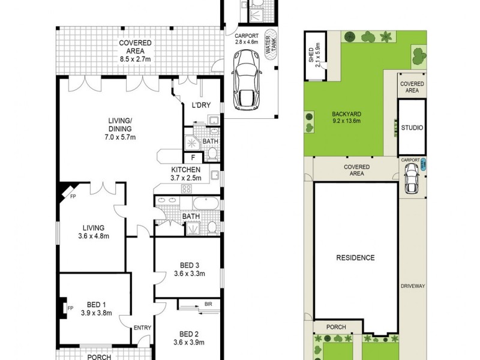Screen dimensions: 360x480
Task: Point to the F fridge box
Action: coord(193,158)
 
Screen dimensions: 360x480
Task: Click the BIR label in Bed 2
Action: coord(208,305)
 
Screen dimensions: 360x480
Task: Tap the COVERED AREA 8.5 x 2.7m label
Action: coord(134,47)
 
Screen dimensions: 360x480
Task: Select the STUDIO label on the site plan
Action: coord(413,128)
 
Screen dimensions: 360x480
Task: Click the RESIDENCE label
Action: coord(355,258)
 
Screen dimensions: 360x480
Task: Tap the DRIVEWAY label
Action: coord(413,286)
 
